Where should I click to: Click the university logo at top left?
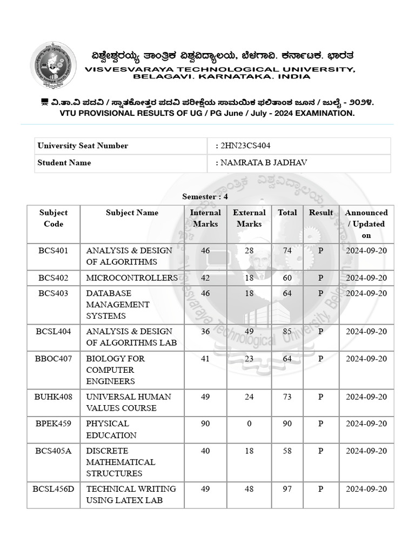pyautogui.click(x=53, y=65)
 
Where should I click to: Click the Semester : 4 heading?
pyautogui.click(x=205, y=196)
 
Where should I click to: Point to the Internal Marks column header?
pyautogui.click(x=205, y=218)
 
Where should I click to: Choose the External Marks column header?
pyautogui.click(x=249, y=218)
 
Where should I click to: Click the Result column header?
pyautogui.click(x=320, y=213)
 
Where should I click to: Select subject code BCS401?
pyautogui.click(x=53, y=250)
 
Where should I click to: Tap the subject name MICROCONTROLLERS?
pyautogui.click(x=132, y=278)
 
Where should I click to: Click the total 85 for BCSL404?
pyautogui.click(x=287, y=331)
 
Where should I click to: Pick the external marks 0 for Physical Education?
pyautogui.click(x=249, y=424)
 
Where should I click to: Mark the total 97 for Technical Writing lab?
pyautogui.click(x=287, y=489)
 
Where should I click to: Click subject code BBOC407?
pyautogui.click(x=53, y=358)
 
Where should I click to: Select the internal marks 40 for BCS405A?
pyautogui.click(x=205, y=451)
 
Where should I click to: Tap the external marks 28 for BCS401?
pyautogui.click(x=249, y=250)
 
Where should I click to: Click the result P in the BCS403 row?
pyautogui.click(x=320, y=293)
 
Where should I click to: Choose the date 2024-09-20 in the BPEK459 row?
pyautogui.click(x=366, y=424)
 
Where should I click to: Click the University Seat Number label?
pyautogui.click(x=83, y=146)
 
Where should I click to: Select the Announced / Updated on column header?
pyautogui.click(x=366, y=223)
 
